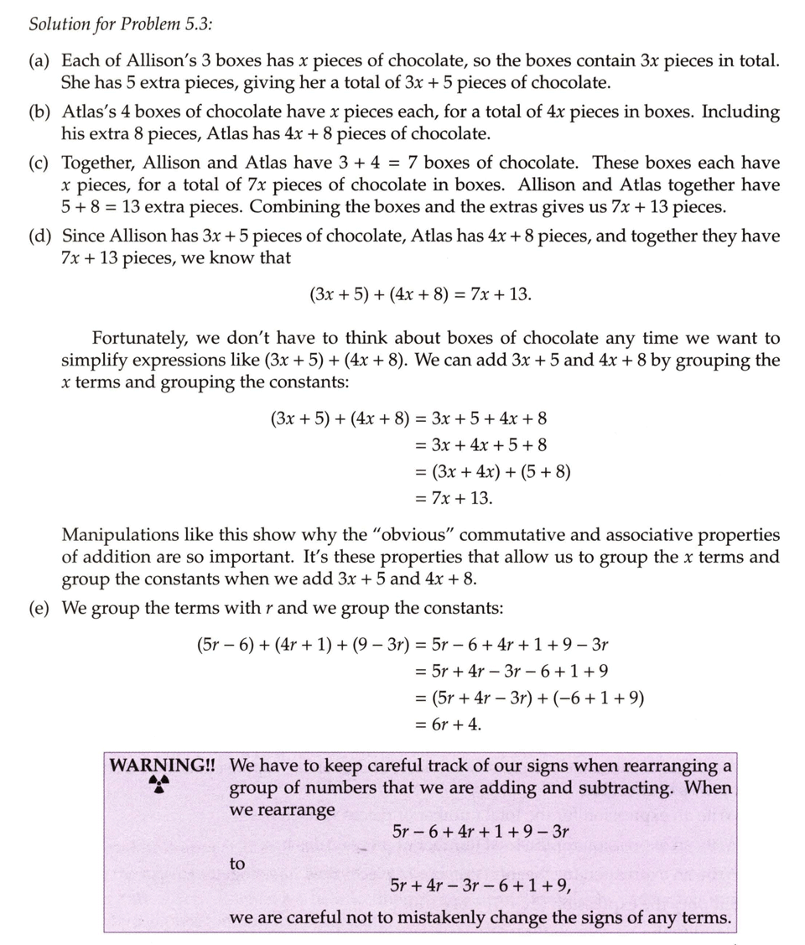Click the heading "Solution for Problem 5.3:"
tap(121, 23)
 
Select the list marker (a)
tap(39, 61)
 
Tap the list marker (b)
tap(39, 112)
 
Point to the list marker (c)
tap(39, 164)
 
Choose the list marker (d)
tap(39, 236)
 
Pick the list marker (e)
tap(39, 608)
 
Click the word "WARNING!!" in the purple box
tap(164, 766)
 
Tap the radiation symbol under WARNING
tap(158, 785)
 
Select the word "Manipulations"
tap(121, 535)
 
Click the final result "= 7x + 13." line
tap(454, 498)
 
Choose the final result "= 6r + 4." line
tap(449, 724)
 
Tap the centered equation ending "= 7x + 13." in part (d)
tap(420, 294)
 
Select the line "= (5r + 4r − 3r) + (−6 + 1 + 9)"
tap(529, 698)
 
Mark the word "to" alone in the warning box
tap(237, 863)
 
